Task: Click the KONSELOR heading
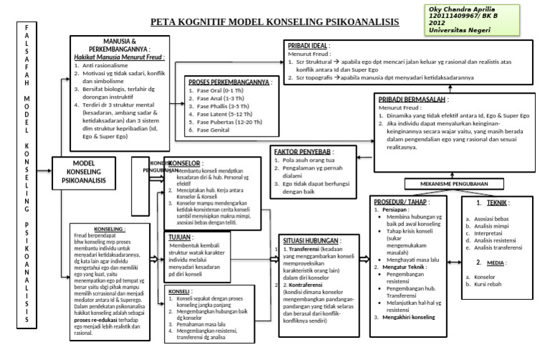183,163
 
